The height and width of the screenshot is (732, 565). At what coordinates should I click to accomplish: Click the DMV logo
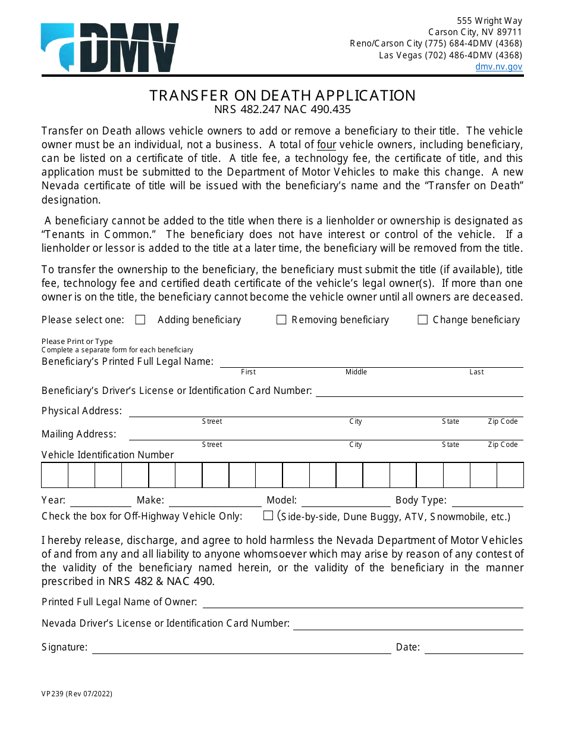point(109,48)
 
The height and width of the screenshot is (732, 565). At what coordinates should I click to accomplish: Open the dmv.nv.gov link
point(498,67)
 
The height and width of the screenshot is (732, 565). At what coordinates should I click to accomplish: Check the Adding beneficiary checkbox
point(140,320)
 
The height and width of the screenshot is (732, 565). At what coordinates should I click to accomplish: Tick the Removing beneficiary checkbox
point(281,320)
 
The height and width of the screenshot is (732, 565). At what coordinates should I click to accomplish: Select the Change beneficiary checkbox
point(423,320)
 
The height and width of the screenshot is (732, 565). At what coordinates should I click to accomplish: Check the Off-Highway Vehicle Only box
point(268,515)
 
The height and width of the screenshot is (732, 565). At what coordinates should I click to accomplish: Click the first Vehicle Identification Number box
point(55,475)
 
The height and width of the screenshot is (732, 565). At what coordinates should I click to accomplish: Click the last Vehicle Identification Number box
point(510,475)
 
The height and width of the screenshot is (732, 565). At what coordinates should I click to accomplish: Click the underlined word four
point(327,145)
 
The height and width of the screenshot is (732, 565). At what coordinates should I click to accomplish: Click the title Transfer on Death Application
point(282,95)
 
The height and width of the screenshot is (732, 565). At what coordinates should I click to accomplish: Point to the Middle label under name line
point(356,372)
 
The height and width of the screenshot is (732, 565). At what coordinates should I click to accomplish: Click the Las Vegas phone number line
point(450,55)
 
